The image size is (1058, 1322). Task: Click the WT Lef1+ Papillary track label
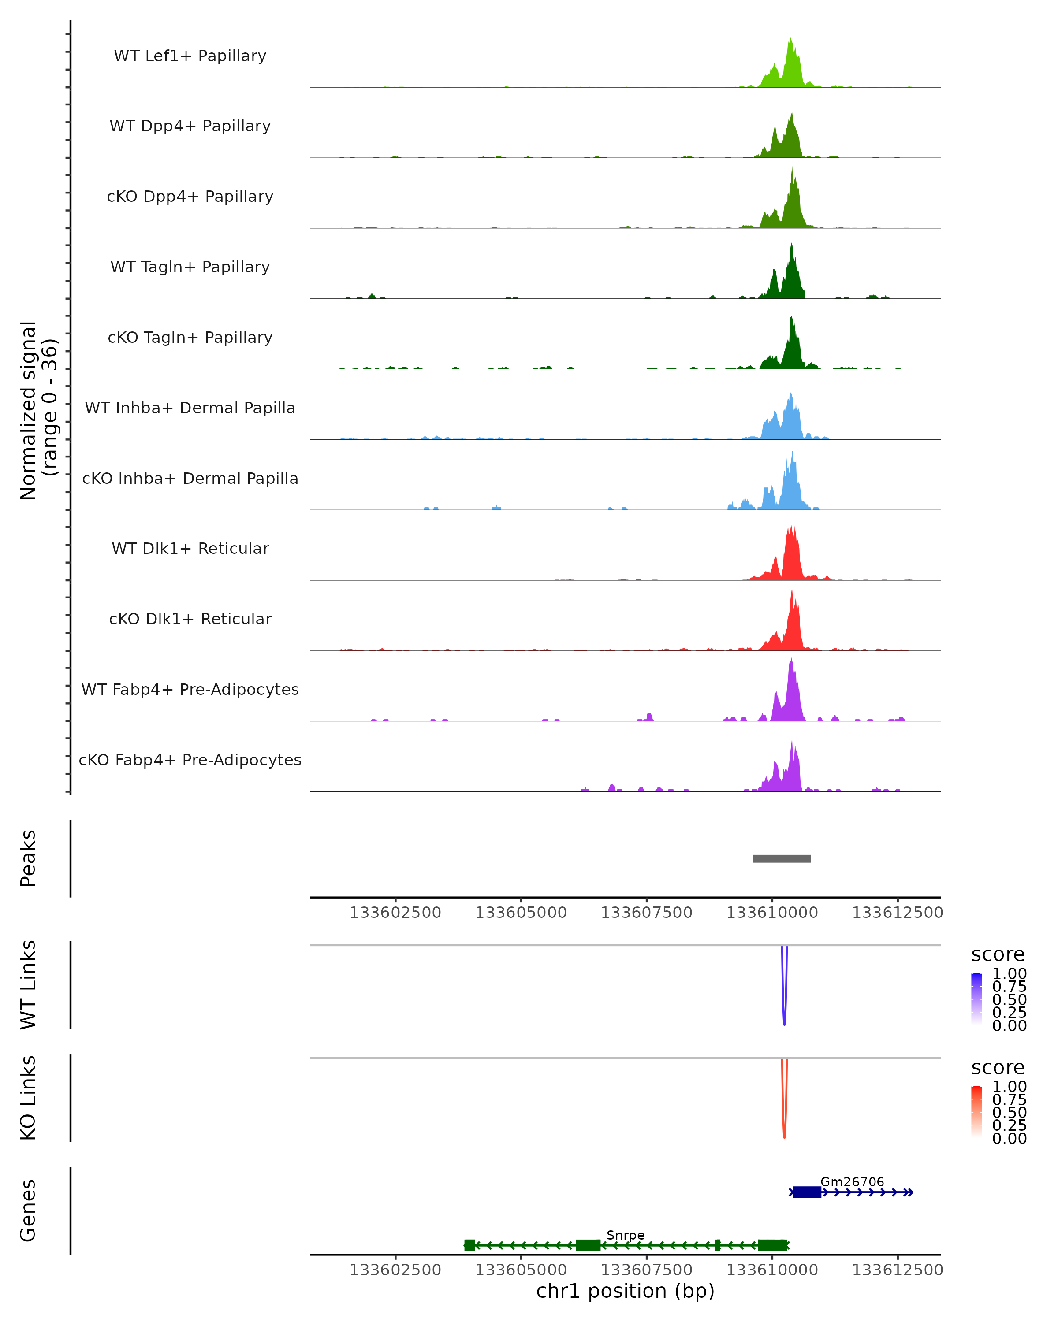(x=190, y=56)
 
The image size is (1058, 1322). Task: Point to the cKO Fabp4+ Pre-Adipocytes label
(x=190, y=760)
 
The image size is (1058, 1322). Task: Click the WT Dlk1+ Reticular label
(x=190, y=548)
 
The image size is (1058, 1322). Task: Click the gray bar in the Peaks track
(x=782, y=858)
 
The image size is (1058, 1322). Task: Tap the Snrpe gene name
(x=625, y=1235)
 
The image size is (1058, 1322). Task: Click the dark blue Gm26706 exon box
(x=807, y=1192)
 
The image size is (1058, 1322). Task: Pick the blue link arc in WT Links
(x=784, y=1006)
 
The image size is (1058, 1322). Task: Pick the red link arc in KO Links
(x=784, y=1119)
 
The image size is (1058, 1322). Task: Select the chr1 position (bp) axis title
(x=625, y=1291)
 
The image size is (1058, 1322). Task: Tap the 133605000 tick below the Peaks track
(x=521, y=913)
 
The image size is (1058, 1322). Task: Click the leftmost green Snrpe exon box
(x=469, y=1245)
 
